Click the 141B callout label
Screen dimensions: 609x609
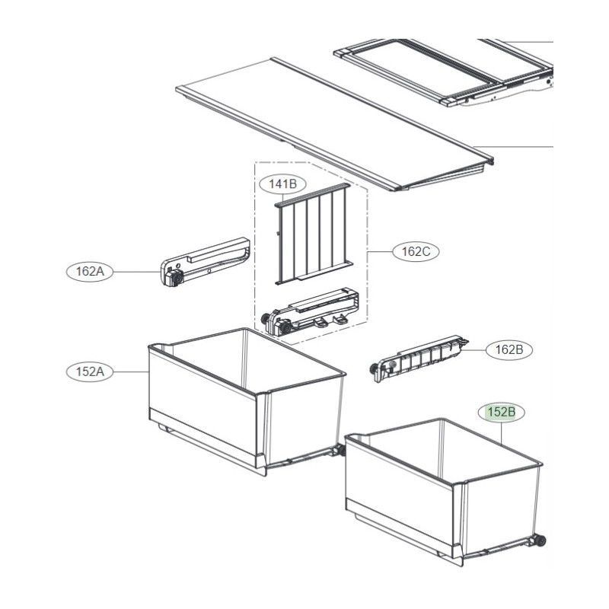coord(282,184)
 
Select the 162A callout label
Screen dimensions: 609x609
coord(90,271)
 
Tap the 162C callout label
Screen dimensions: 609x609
coord(416,252)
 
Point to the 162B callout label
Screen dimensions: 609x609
coord(509,350)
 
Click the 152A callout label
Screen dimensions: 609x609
coord(90,371)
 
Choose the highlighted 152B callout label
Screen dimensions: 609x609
coord(502,412)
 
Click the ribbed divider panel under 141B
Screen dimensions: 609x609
coord(313,234)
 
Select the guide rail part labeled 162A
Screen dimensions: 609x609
coord(205,262)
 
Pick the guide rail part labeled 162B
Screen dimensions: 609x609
coord(419,359)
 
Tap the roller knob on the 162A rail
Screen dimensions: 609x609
coord(177,278)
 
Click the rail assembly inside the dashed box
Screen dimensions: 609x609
coord(311,311)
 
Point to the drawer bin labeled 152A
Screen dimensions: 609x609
coord(247,401)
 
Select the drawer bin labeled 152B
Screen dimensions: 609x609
coord(444,491)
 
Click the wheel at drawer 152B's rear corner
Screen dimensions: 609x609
coord(540,540)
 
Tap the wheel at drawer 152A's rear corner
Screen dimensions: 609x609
coord(341,451)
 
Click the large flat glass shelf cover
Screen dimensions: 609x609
coord(334,124)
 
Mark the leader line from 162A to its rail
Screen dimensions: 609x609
coord(137,272)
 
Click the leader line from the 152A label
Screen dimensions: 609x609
coord(131,372)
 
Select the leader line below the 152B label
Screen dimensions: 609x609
coord(502,434)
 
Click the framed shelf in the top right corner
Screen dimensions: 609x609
coord(444,72)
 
